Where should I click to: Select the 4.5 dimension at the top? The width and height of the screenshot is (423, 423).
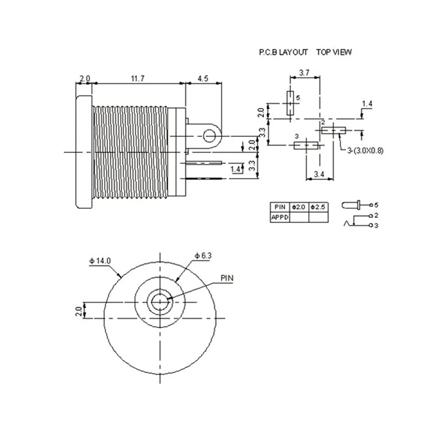203,79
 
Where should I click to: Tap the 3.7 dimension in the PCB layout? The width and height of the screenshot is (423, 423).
304,73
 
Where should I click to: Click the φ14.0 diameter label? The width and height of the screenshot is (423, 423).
100,261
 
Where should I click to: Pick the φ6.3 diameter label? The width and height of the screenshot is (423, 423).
203,255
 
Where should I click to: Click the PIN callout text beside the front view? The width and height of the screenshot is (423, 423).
227,278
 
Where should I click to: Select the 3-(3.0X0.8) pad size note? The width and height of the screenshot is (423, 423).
365,150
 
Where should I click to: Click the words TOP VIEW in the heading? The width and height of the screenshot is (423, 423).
334,52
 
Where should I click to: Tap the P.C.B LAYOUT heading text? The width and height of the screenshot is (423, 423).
283,52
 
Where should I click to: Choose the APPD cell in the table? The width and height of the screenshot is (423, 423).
280,217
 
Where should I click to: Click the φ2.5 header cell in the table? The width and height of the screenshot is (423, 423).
318,207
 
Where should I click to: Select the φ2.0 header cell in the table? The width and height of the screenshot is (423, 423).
299,207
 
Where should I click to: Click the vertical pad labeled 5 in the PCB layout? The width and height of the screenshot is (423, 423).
290,103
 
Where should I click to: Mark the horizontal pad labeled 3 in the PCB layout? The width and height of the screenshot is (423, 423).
306,146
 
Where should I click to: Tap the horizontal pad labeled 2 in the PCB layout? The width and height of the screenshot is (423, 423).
333,131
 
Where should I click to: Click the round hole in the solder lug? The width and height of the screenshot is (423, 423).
209,136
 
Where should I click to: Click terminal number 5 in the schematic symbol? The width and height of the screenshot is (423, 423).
376,205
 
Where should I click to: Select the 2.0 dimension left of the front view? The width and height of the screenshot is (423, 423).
79,311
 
